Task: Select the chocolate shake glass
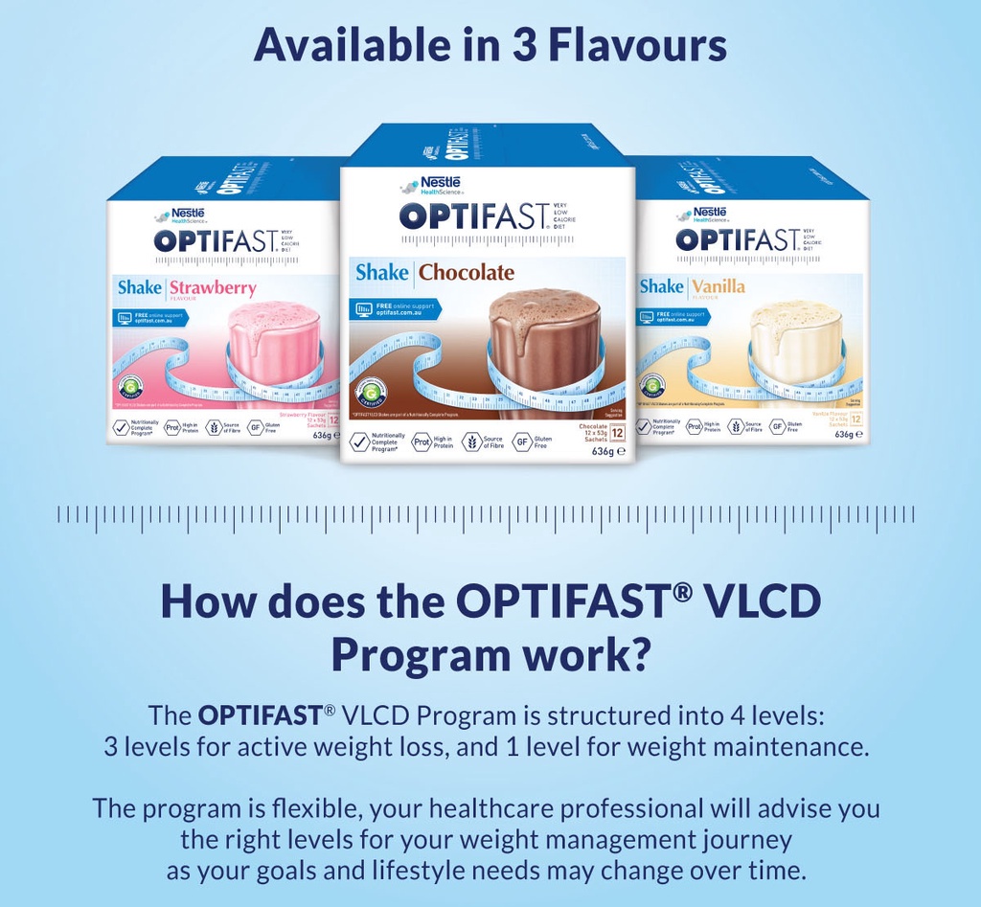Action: (544, 350)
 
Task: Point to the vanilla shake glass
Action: (795, 345)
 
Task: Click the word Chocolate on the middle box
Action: (467, 272)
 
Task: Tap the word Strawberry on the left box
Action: (213, 287)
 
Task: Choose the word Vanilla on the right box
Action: (719, 286)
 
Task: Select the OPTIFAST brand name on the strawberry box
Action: (214, 240)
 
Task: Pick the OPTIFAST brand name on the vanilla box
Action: (736, 239)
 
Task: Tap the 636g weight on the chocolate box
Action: (605, 451)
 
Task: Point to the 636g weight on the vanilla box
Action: (846, 435)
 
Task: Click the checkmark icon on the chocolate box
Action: (359, 442)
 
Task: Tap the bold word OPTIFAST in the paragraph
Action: (260, 714)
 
